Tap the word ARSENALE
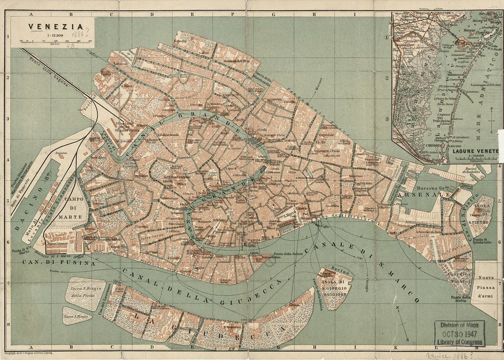416,194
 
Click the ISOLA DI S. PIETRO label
478,214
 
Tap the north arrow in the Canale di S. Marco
400,313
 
